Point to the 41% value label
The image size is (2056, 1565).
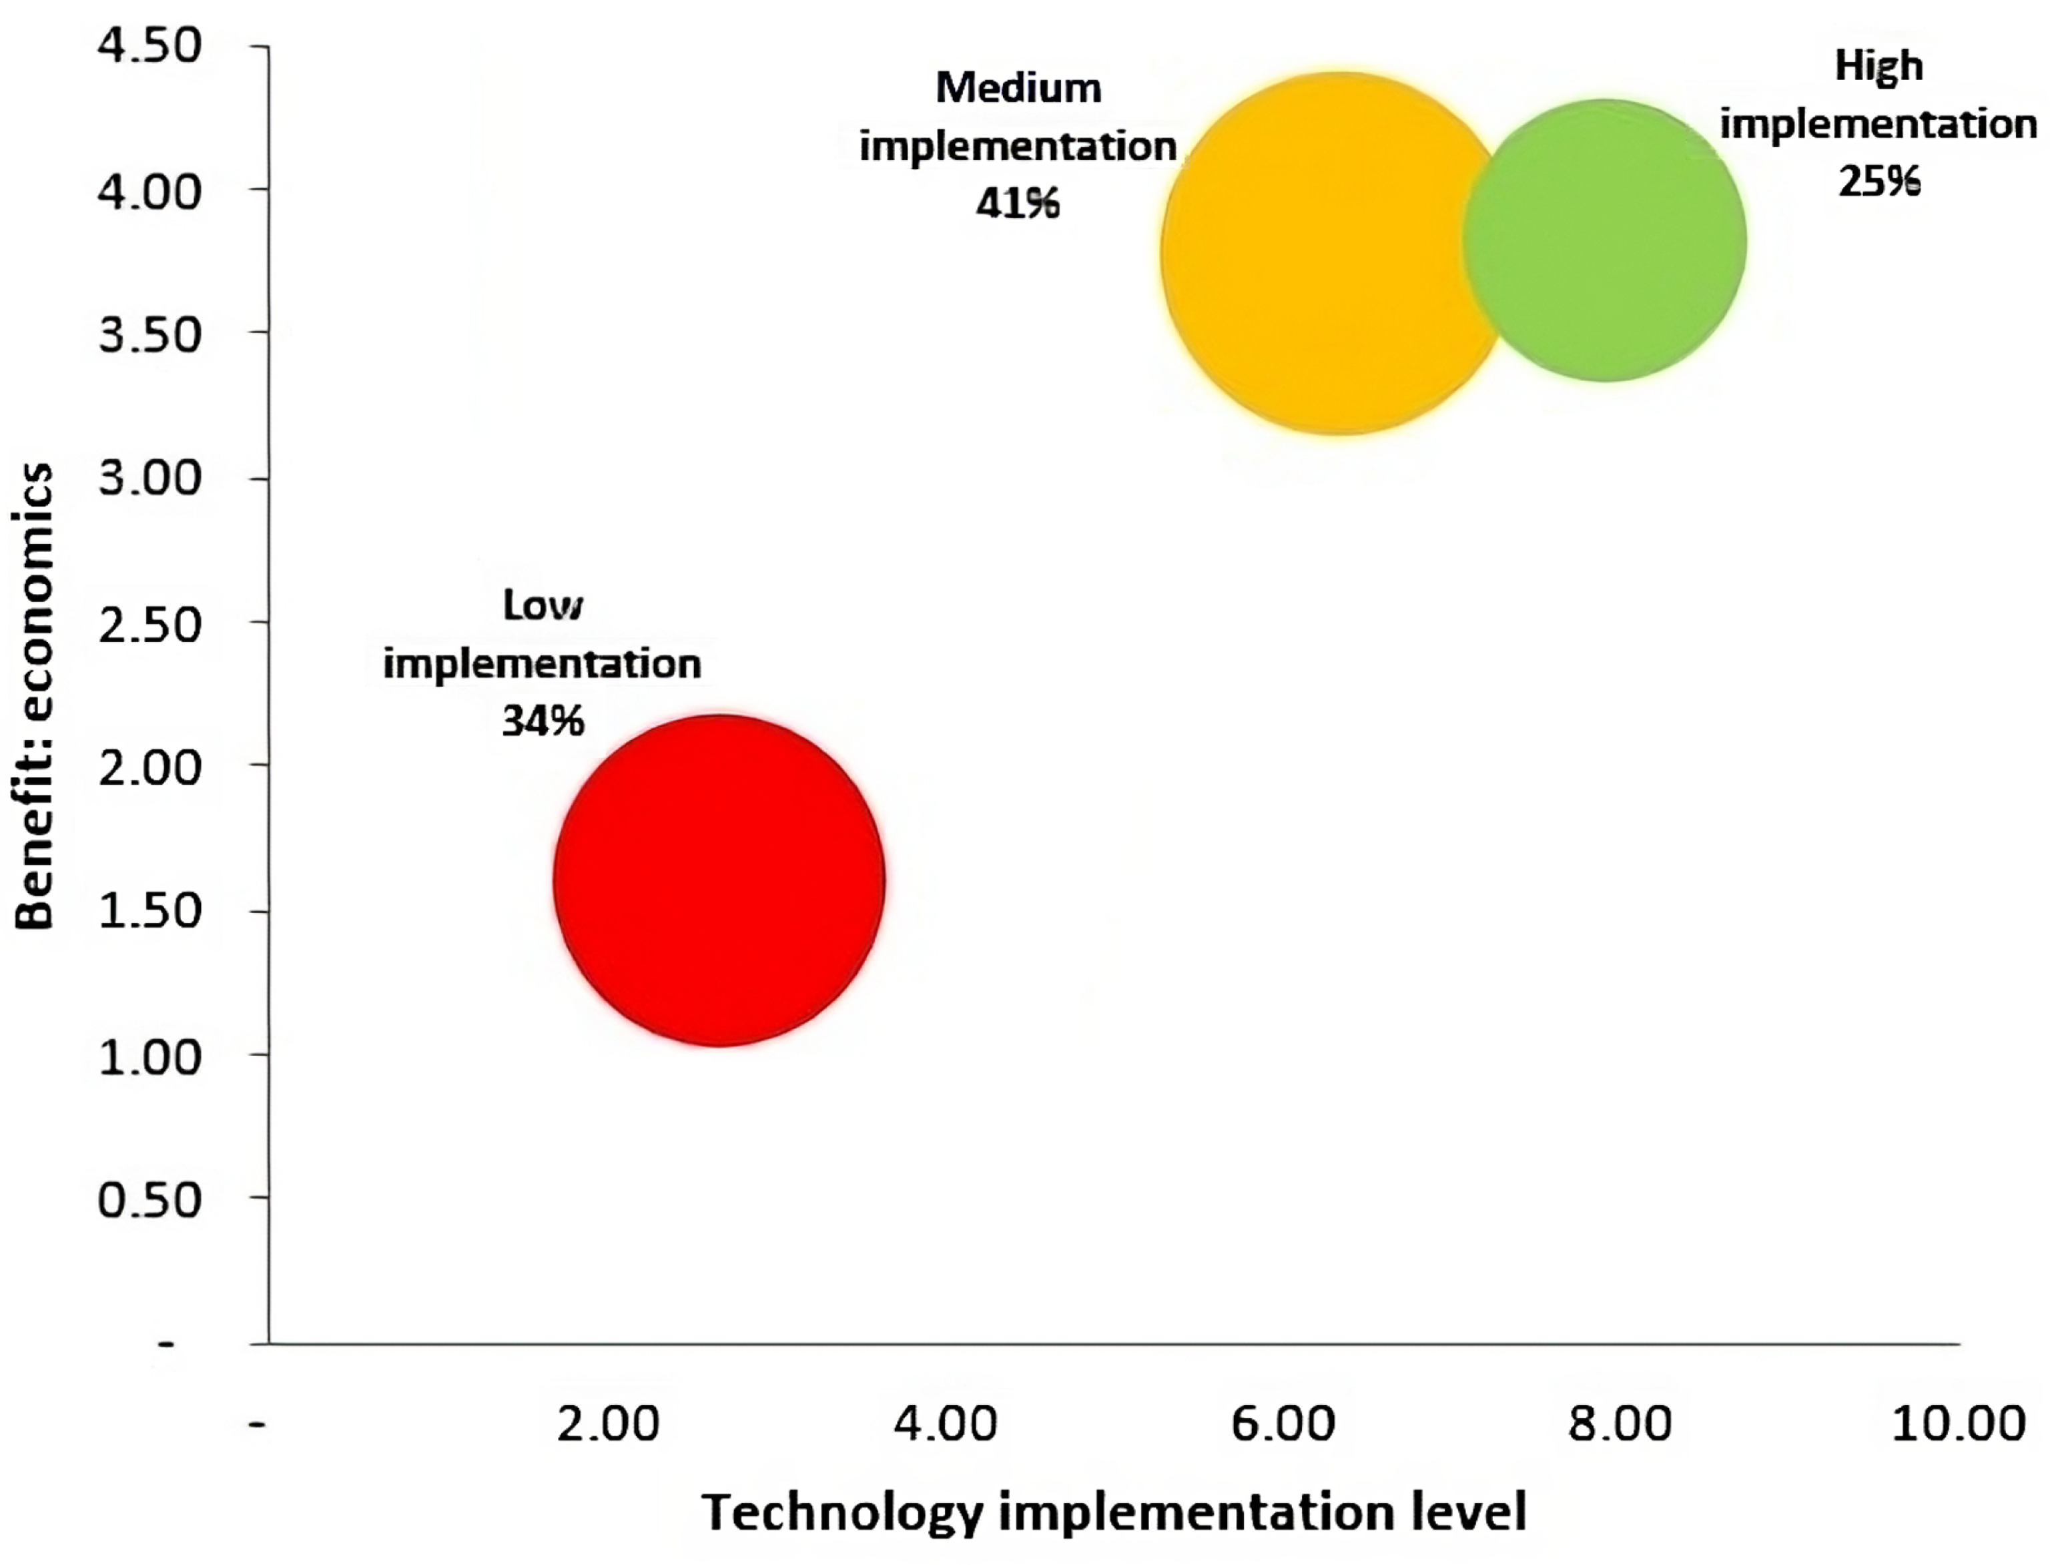coord(1017,203)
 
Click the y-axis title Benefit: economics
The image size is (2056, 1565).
coord(35,696)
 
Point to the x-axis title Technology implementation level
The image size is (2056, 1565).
coord(1113,1511)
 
